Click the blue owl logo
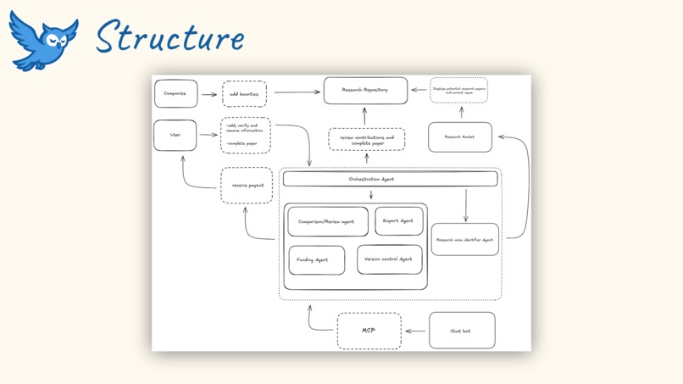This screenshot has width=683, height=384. (x=42, y=39)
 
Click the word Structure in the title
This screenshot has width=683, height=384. (x=169, y=37)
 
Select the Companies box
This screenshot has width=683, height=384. (x=175, y=94)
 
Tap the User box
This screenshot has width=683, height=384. (x=175, y=136)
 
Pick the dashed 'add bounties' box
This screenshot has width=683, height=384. (x=244, y=94)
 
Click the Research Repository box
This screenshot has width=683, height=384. (x=365, y=90)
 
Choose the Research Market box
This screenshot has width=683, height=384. (x=460, y=137)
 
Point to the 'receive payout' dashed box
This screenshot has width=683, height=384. (x=247, y=186)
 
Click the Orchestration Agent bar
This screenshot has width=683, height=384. (x=390, y=179)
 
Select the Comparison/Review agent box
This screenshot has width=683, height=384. (x=328, y=222)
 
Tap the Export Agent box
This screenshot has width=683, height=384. (x=398, y=221)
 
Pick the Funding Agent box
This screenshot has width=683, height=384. (x=316, y=260)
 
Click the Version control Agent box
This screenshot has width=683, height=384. (x=389, y=259)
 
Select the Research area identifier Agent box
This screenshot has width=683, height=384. (x=464, y=240)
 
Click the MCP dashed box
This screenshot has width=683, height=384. (x=369, y=331)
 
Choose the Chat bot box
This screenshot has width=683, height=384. (x=461, y=331)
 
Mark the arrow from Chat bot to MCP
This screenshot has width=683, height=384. (x=415, y=331)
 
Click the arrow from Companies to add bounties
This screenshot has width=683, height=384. (x=208, y=94)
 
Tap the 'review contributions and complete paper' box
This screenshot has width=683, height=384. (x=367, y=140)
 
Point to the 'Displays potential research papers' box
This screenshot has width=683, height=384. (x=458, y=90)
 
